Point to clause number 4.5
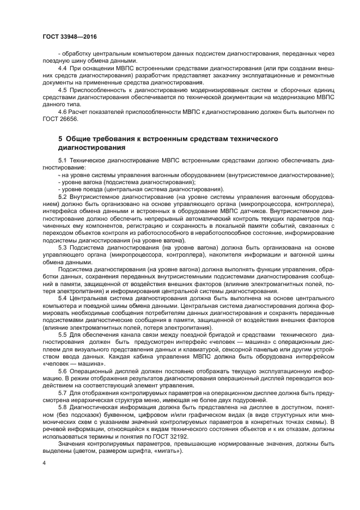click(62, 89)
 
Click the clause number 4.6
click(62, 111)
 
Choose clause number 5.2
click(62, 196)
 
